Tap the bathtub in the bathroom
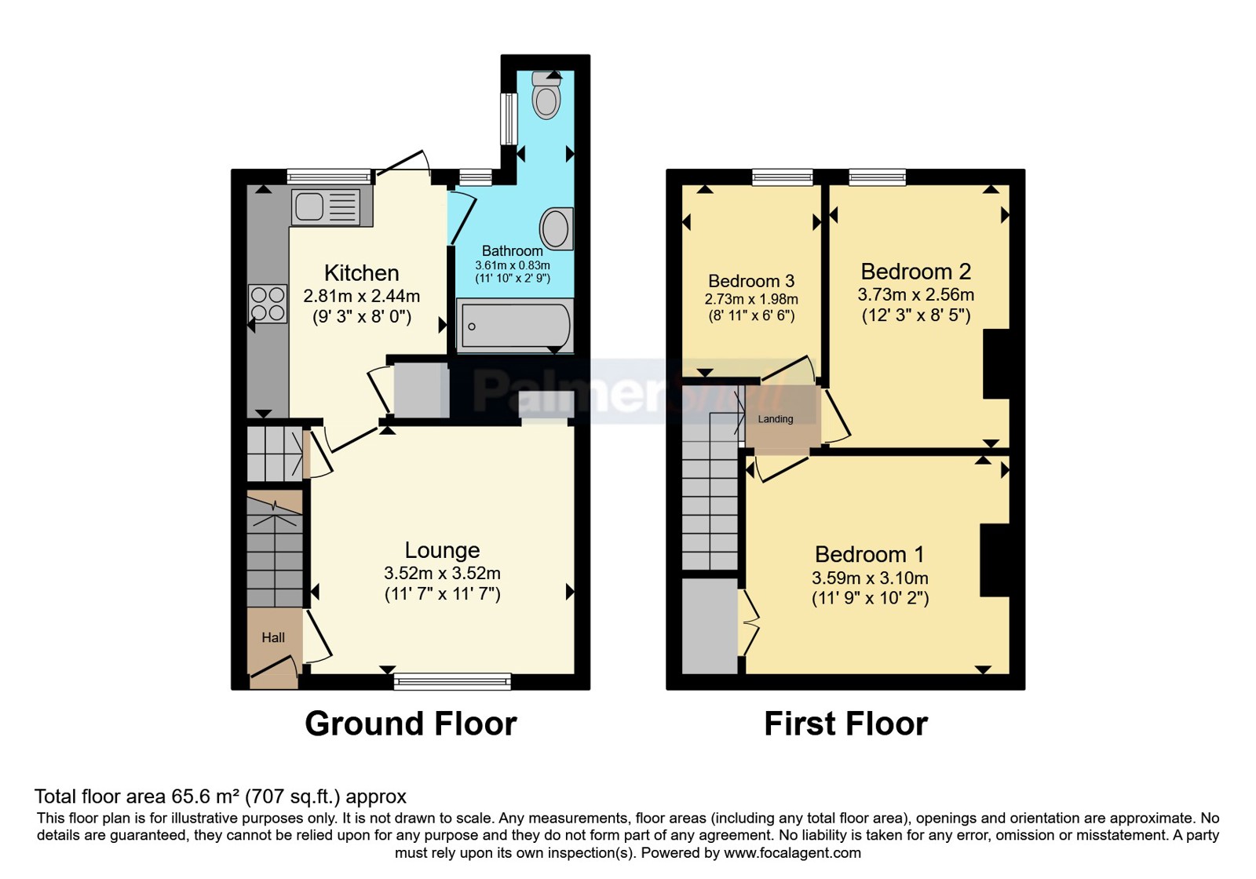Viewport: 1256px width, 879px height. pyautogui.click(x=515, y=326)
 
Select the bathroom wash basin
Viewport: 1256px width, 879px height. pyautogui.click(x=557, y=228)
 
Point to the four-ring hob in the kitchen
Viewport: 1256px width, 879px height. pyautogui.click(x=268, y=303)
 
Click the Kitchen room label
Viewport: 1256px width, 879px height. pyautogui.click(x=362, y=273)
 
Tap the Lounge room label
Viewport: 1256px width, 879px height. pyautogui.click(x=443, y=550)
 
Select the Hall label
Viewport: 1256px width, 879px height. pyautogui.click(x=273, y=637)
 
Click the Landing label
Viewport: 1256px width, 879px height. pyautogui.click(x=776, y=419)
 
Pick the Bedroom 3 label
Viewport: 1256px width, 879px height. pyautogui.click(x=751, y=280)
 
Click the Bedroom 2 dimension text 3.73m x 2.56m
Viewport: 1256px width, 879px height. pyautogui.click(x=915, y=294)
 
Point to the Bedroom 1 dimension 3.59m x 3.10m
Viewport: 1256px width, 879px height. pyautogui.click(x=870, y=578)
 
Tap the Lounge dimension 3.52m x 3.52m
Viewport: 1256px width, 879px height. pyautogui.click(x=443, y=573)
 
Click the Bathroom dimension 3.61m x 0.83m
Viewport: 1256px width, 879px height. pyautogui.click(x=513, y=265)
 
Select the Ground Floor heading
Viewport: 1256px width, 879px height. pyautogui.click(x=411, y=724)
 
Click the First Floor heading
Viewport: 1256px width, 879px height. pyautogui.click(x=845, y=724)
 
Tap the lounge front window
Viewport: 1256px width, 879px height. pyautogui.click(x=452, y=681)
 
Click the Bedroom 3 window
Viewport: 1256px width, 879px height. pyautogui.click(x=782, y=177)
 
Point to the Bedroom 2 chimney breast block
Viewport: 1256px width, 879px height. pyautogui.click(x=997, y=364)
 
